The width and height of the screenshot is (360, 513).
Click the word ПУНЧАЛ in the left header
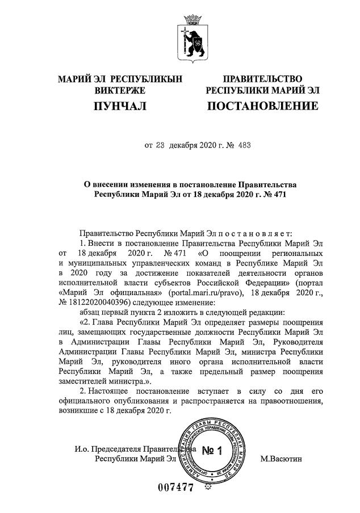(120, 106)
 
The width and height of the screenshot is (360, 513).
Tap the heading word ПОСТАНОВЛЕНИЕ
(262, 106)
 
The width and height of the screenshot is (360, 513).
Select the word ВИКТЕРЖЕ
(120, 90)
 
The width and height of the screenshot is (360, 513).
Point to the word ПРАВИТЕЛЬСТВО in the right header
(262, 78)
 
